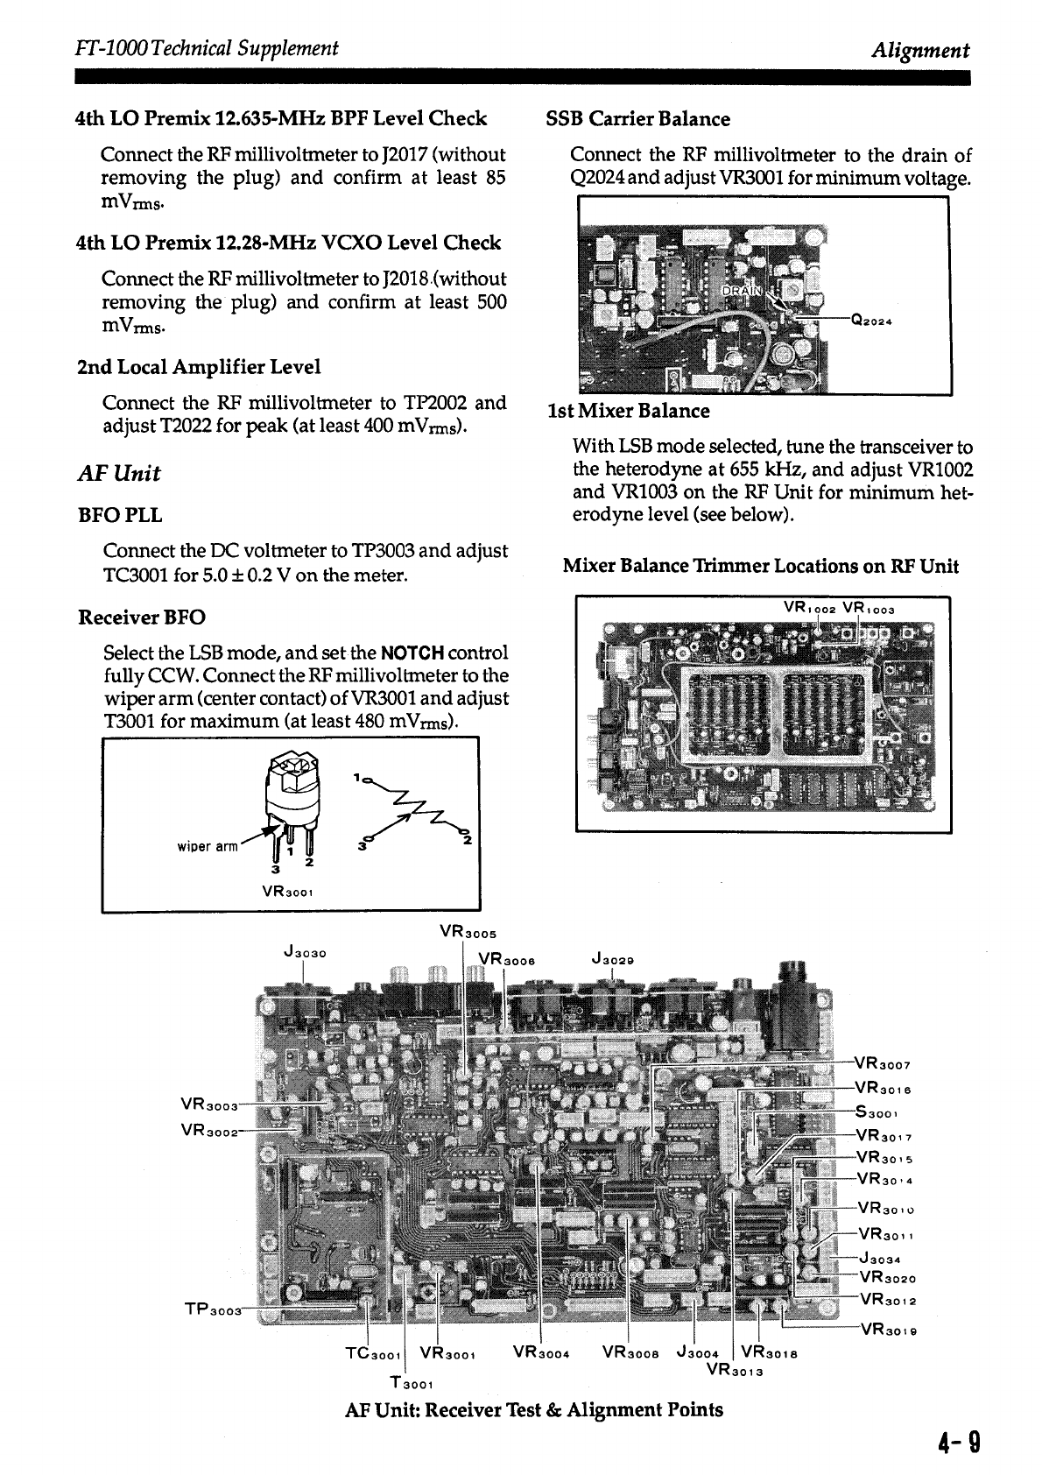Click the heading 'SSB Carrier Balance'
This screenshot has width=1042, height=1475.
click(x=637, y=119)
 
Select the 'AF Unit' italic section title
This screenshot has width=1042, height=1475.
click(x=118, y=474)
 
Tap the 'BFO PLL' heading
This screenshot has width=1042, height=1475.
click(x=120, y=515)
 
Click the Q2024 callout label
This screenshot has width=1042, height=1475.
click(x=870, y=320)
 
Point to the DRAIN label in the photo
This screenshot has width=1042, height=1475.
click(x=741, y=290)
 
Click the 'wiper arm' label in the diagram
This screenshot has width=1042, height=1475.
click(x=207, y=846)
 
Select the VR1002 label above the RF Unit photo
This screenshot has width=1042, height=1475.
click(x=811, y=609)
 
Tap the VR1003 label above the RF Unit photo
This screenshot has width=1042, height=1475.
click(x=869, y=609)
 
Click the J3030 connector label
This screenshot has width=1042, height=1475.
click(x=305, y=952)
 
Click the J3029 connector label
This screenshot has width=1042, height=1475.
click(x=612, y=959)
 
